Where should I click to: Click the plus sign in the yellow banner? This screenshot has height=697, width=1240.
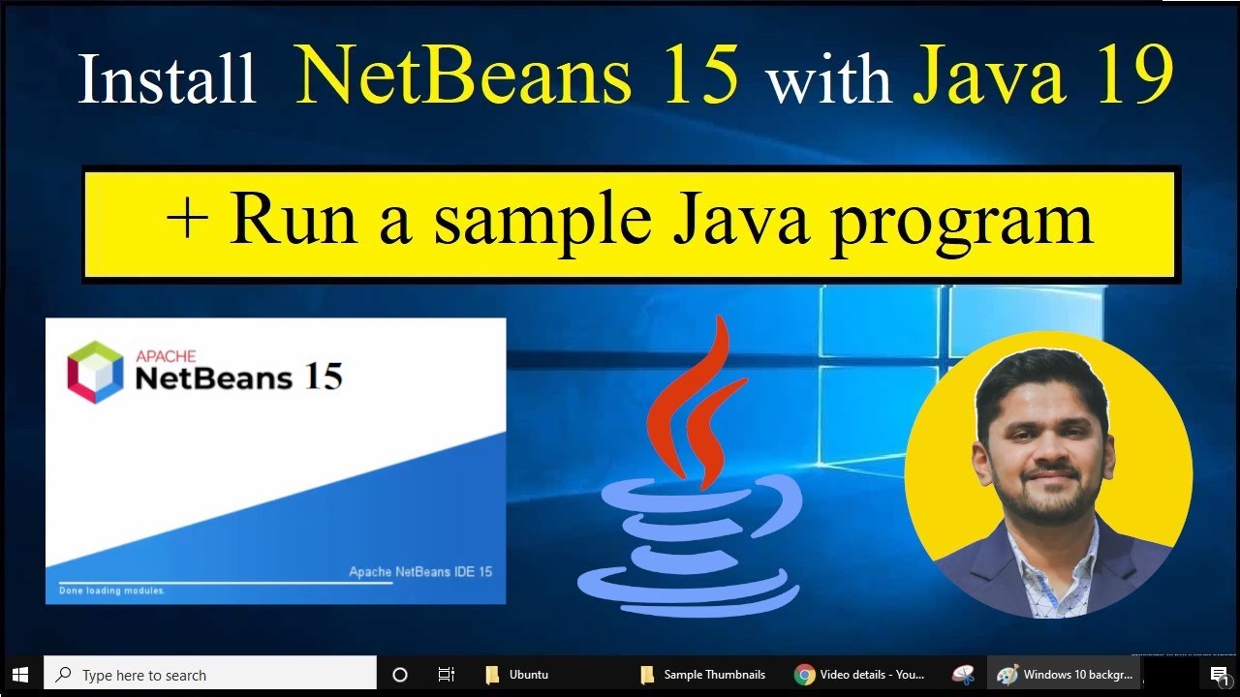coord(186,221)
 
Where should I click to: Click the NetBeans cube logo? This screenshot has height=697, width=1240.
coord(95,372)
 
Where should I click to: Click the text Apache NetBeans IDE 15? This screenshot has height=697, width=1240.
coord(420,572)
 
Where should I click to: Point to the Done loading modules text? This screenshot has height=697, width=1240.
coord(112,591)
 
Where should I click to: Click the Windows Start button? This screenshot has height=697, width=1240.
coord(19,675)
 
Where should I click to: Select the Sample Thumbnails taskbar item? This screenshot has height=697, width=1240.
coord(704,675)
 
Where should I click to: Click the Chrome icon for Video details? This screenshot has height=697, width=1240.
coord(805,675)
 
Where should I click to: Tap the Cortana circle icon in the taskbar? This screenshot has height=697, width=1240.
coord(400,675)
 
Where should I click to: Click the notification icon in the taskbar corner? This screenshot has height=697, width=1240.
coord(1219,675)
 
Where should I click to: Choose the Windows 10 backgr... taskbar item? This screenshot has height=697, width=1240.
coord(1066,675)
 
